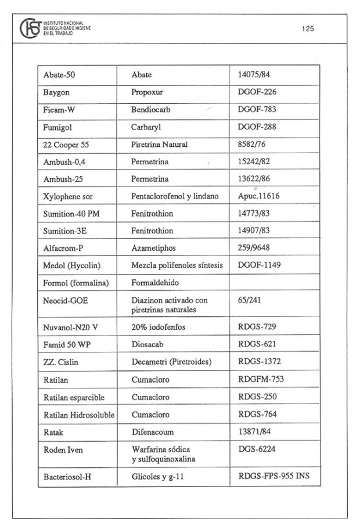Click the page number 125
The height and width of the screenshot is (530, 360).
[308, 29]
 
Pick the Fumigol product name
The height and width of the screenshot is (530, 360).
[57, 127]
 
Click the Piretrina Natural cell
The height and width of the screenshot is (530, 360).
[160, 144]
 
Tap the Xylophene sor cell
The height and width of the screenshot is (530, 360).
[67, 196]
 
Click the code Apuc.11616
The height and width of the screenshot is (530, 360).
[258, 196]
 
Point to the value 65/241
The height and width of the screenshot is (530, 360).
[249, 300]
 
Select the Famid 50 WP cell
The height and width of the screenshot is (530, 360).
[66, 344]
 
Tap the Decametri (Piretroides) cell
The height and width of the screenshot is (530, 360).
[171, 362]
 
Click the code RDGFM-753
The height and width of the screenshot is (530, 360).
[261, 380]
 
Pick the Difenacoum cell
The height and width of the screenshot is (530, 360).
[153, 432]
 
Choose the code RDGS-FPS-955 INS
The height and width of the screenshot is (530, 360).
[274, 477]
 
